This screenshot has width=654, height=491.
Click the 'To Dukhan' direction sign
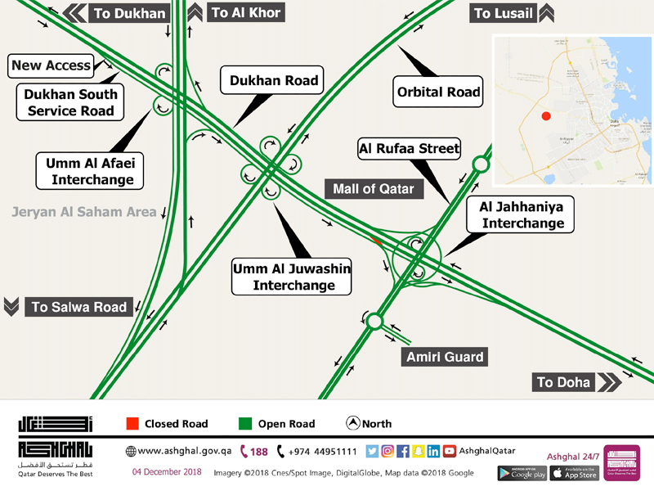coord(129,13)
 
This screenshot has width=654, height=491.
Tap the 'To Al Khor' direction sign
coord(246,12)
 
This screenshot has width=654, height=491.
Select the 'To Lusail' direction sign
coord(504,13)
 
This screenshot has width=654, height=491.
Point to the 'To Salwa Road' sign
coord(79,307)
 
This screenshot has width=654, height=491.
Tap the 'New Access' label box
coord(51,65)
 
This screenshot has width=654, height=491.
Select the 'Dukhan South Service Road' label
coord(70,102)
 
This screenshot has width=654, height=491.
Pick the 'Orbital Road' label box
coord(438,92)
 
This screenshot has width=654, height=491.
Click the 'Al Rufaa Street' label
coord(409,149)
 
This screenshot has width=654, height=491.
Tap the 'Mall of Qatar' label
coord(373,189)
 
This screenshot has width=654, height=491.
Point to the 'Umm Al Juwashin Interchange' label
coord(292,277)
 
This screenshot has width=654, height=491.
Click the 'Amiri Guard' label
coord(445,357)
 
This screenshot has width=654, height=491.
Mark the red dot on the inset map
coord(546,117)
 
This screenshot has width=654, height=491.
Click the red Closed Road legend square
coord(132,424)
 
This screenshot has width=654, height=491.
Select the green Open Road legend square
coord(244,424)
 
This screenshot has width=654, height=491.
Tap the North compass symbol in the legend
coord(353,424)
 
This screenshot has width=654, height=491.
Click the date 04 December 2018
coord(167,473)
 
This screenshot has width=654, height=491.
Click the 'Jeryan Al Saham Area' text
coord(83,212)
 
